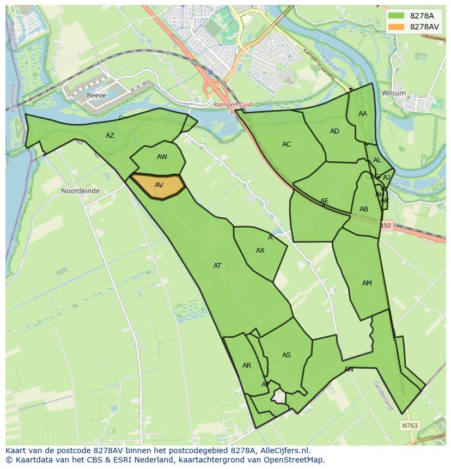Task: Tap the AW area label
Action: click(162, 157)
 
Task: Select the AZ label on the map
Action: click(110, 136)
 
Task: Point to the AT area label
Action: click(217, 266)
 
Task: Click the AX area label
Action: click(260, 251)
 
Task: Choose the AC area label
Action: click(287, 144)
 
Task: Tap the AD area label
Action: click(334, 131)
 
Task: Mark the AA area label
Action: click(363, 114)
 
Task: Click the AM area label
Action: click(367, 283)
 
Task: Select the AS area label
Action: click(287, 355)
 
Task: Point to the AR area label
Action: click(247, 366)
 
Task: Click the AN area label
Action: click(349, 369)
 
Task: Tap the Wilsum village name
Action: click(393, 93)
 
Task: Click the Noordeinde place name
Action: click(80, 191)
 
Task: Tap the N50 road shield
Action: click(386, 226)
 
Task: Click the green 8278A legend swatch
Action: click(396, 15)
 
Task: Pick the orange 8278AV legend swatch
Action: click(396, 27)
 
